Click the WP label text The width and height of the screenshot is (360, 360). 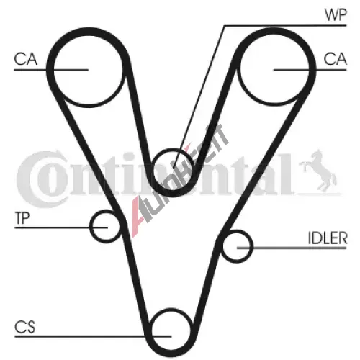(336, 14)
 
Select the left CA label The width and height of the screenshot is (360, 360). (26, 59)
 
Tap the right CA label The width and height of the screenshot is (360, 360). (335, 59)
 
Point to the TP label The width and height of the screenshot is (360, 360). (22, 218)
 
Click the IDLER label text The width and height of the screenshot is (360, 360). (328, 238)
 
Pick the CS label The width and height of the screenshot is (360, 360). (24, 327)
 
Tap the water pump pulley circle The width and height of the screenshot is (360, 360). (173, 149)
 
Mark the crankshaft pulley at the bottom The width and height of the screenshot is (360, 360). (171, 310)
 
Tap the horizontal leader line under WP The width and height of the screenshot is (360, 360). (285, 25)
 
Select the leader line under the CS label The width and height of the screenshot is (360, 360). (93, 336)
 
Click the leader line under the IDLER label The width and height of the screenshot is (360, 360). (292, 248)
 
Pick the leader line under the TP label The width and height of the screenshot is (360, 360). (61, 228)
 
